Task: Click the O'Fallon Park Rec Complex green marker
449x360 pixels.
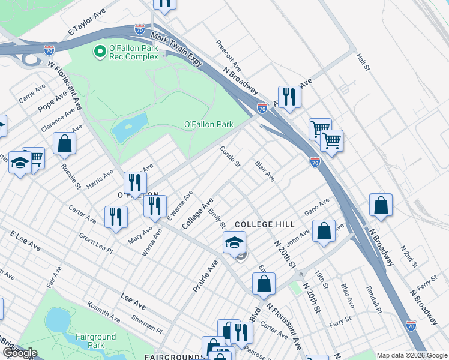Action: click(100, 52)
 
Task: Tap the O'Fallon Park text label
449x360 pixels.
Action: click(208, 124)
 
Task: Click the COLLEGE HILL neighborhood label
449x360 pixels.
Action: click(264, 224)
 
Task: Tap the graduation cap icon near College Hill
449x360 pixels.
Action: click(234, 243)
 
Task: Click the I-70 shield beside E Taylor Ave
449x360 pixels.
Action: click(139, 29)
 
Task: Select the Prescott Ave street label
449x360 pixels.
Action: click(228, 56)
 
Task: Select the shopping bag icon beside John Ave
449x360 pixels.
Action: click(324, 231)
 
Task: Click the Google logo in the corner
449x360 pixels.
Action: click(20, 353)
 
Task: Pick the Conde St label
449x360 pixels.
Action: click(230, 157)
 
